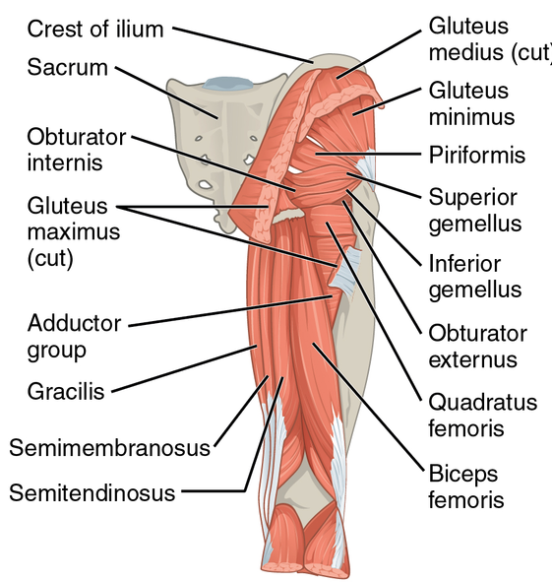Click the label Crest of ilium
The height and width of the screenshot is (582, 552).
pos(95,29)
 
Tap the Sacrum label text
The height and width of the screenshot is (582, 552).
pos(68,68)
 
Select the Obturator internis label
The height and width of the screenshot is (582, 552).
pos(77,150)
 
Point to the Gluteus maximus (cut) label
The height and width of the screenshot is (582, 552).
pos(74,231)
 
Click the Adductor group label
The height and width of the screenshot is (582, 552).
pos(74,337)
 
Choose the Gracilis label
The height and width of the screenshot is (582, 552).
pos(66,391)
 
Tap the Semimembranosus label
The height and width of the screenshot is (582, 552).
pos(110,448)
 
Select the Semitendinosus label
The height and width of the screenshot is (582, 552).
pos(92,493)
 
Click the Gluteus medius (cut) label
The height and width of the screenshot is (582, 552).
pos(490,38)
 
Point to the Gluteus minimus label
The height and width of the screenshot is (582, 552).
pos(472,103)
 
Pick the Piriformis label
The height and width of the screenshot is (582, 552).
pos(477,155)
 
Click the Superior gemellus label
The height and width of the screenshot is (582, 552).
pos(475,211)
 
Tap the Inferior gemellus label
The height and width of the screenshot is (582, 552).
pos(475,277)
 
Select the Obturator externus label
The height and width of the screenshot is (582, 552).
pos(478,347)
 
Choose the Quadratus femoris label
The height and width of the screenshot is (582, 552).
pos(482,415)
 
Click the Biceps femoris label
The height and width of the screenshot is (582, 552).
pos(466,486)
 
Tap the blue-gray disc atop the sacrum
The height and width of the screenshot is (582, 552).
pos(227,84)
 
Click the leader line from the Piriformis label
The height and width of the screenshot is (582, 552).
pos(368,154)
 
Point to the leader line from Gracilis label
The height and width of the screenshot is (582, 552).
pos(184,369)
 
